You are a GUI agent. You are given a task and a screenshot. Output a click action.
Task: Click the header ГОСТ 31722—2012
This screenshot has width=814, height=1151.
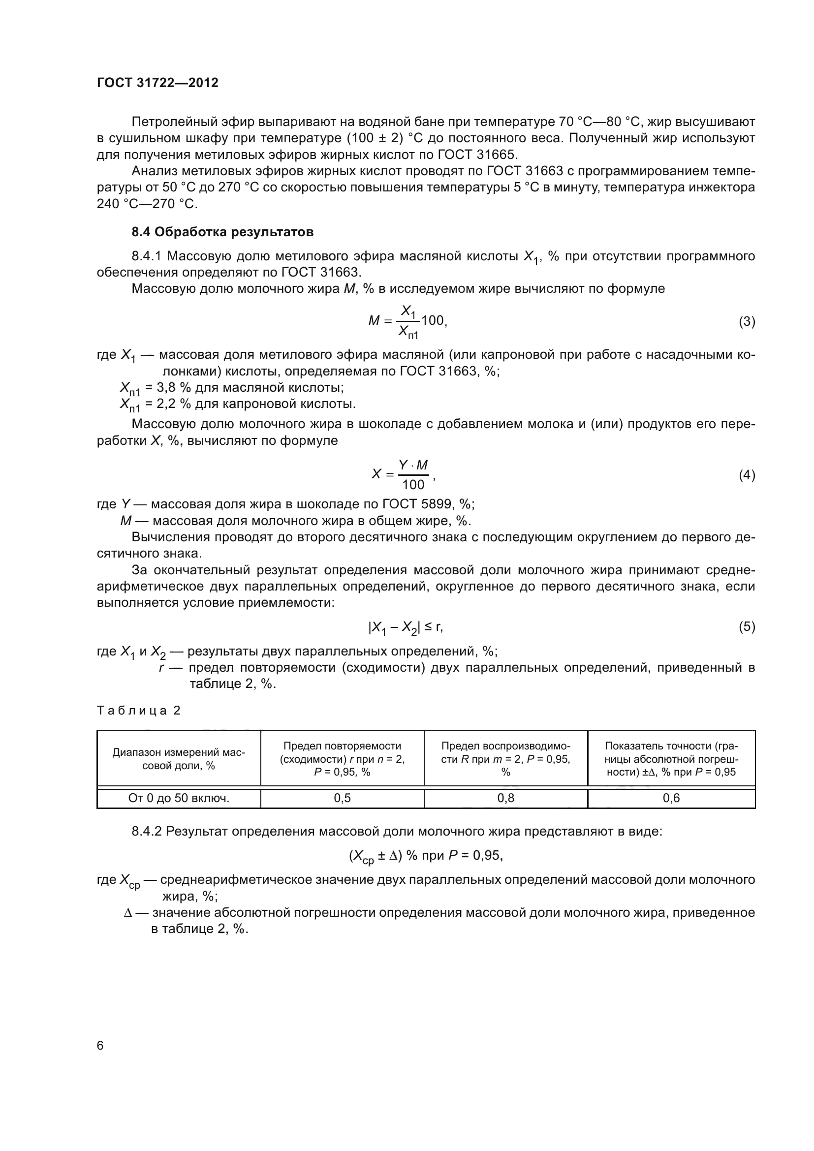(x=157, y=83)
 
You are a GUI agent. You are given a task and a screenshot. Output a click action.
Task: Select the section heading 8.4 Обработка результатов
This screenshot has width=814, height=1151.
(x=222, y=232)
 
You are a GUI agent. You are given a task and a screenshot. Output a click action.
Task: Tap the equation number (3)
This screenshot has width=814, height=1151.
(x=747, y=321)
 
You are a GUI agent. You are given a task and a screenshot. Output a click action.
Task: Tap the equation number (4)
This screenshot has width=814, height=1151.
(x=747, y=475)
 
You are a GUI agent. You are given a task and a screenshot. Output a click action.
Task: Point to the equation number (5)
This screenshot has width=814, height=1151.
(x=747, y=626)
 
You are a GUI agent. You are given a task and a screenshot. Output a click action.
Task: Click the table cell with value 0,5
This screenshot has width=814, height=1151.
(x=343, y=798)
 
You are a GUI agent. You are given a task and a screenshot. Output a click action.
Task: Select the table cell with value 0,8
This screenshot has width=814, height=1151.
(x=506, y=798)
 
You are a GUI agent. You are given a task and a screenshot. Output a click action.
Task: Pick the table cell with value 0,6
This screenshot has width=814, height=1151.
(x=671, y=798)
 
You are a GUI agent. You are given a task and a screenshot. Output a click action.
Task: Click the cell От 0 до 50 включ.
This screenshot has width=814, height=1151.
(x=179, y=798)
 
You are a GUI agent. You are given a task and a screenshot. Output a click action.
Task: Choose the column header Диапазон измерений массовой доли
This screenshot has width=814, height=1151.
(x=179, y=759)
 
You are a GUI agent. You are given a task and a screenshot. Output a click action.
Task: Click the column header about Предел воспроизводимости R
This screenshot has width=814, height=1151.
(x=506, y=759)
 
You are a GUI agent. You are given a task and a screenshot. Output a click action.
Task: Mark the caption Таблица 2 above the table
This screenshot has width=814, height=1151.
(x=138, y=711)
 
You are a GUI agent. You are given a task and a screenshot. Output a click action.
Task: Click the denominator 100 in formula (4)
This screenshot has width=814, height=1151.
(x=413, y=485)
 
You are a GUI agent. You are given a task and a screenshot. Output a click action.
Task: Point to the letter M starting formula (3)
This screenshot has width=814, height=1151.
(x=374, y=321)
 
